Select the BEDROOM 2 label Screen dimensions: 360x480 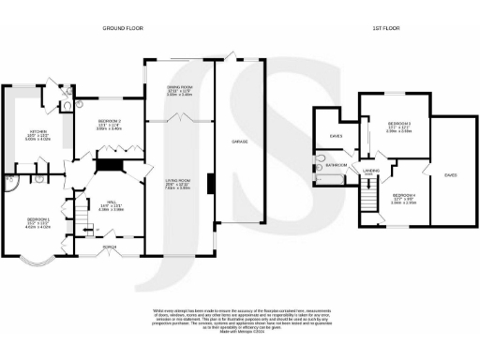[x=110, y=121]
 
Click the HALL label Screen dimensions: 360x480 [x=112, y=202]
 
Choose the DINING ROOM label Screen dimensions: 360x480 [x=179, y=86]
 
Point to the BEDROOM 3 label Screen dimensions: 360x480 [x=400, y=124]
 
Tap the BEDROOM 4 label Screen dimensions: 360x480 [x=403, y=195]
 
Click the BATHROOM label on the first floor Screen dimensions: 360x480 [x=337, y=166]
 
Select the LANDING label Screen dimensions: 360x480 [x=371, y=171]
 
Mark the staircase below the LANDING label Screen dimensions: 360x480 [x=370, y=200]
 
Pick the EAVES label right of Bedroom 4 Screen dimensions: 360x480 [x=451, y=174]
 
